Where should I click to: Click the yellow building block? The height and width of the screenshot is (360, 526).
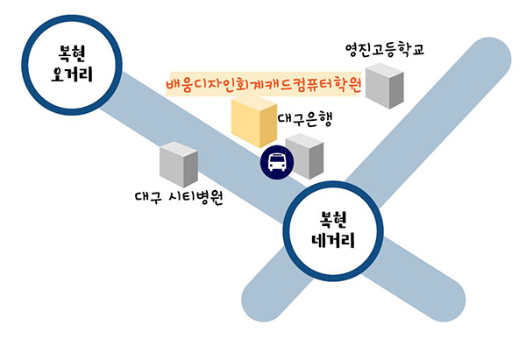252,123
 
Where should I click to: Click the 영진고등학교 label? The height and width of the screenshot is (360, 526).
385,49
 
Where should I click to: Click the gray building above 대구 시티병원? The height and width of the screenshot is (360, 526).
180,164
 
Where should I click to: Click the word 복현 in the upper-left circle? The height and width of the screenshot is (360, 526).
71,48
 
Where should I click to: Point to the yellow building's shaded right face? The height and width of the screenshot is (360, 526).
267,127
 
